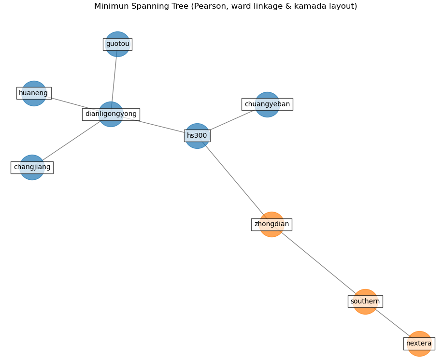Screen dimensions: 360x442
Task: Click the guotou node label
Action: point(117,44)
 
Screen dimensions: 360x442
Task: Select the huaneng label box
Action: point(33,93)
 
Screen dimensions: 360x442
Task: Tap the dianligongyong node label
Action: point(111,114)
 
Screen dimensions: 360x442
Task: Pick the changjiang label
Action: point(32,167)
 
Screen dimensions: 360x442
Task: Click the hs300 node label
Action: point(197,136)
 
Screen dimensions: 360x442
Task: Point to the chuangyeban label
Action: point(267,104)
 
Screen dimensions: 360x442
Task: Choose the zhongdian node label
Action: point(271,224)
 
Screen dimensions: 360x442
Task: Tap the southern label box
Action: point(365,302)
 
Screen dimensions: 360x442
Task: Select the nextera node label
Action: point(419,344)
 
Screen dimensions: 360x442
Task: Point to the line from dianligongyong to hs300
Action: point(159,126)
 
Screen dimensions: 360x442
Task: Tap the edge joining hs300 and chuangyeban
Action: point(229,121)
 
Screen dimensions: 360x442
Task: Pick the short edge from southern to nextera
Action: point(392,322)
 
